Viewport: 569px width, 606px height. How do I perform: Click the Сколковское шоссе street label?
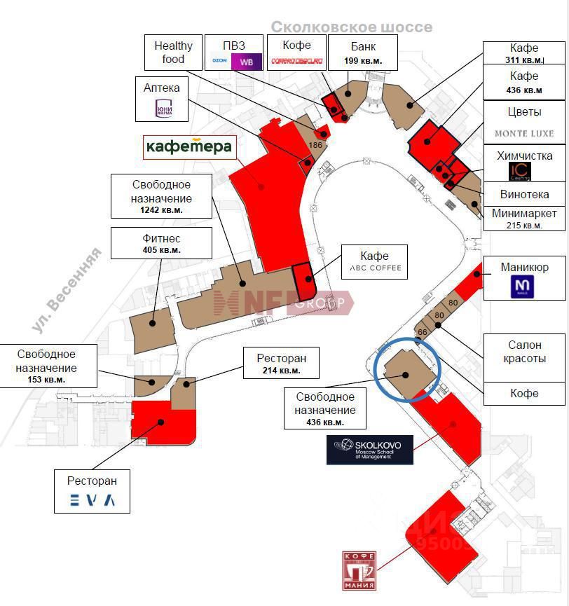coord(351,27)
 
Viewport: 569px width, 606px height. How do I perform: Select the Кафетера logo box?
coord(188,147)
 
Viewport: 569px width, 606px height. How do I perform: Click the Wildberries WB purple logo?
coord(247,62)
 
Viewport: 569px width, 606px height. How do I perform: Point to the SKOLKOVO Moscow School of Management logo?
coord(369,450)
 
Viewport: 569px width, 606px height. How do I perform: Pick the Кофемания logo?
coord(359,570)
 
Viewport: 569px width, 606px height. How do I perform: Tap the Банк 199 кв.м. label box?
coord(363,53)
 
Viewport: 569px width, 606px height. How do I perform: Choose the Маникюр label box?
coord(524,278)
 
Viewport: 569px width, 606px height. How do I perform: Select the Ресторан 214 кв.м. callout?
coord(280,364)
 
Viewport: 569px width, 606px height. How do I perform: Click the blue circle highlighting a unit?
coord(407,369)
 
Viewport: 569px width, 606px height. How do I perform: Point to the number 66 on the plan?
coord(422,331)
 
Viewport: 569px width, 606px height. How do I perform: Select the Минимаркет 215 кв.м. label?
coord(524,219)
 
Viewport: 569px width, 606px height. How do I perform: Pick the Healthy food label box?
coord(173,53)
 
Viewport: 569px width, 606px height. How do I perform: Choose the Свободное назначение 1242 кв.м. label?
coord(161,197)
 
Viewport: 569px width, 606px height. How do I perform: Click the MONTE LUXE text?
coord(524,133)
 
